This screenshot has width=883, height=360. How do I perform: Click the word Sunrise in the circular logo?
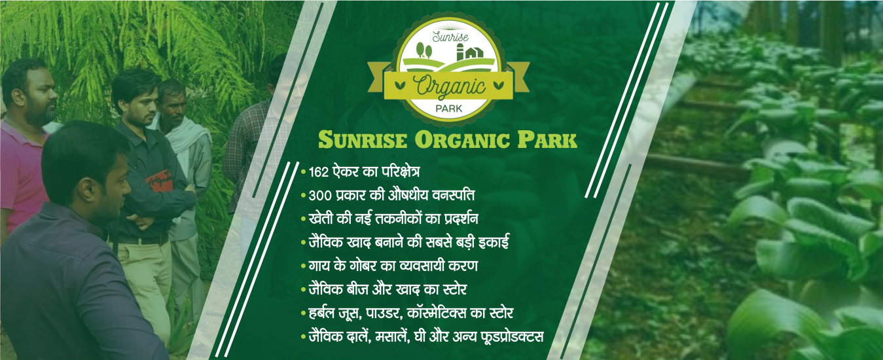450,36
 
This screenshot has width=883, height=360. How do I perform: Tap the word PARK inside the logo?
449,109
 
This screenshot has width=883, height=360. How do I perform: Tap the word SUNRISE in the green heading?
363,140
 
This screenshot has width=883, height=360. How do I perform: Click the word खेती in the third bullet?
321,219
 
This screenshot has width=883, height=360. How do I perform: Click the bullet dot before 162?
303,172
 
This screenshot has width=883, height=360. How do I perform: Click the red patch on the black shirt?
160,181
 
